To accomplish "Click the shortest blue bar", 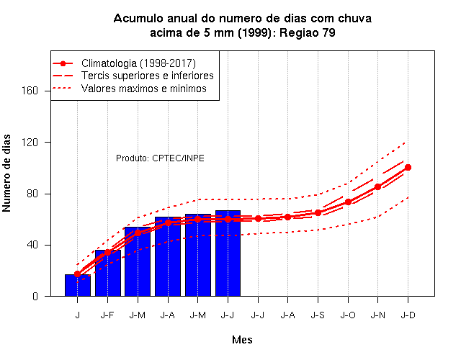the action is pos(78,285).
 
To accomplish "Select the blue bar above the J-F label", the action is pos(108,273).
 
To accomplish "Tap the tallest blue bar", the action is pos(228,253).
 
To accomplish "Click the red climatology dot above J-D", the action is pos(408,168).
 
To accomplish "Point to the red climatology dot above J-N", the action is pos(377,186).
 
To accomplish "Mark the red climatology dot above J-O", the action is pos(348,202).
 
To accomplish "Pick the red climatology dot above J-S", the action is pos(318,213).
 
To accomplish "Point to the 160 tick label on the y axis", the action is pos(30,91).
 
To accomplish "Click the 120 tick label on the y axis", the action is pos(30,143).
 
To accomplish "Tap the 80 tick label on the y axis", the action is pos(32,194).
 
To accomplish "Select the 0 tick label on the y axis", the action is pos(35,296).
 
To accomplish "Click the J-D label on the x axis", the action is pos(408,315).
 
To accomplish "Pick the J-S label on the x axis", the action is pos(318,315).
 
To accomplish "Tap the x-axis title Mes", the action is pos(242,340).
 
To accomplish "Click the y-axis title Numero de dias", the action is pos(6,174).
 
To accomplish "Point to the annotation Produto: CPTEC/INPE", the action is pos(160,158).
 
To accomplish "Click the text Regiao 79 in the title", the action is pos(308,32).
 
